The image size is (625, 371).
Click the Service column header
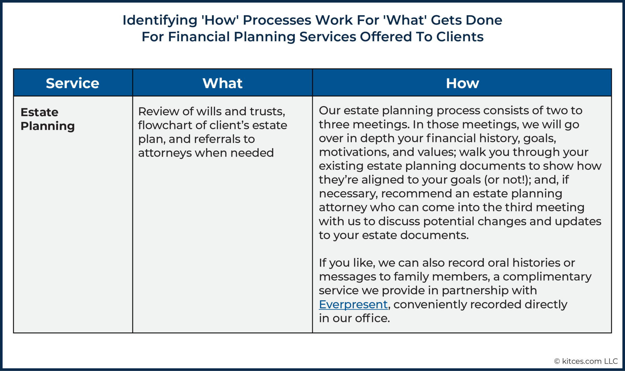click(x=72, y=83)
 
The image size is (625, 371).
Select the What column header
click(x=222, y=83)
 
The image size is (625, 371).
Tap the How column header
click(x=462, y=83)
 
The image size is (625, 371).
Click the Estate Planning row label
click(x=47, y=119)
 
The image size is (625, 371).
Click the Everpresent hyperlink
click(x=353, y=304)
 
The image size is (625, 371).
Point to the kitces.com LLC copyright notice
click(x=586, y=361)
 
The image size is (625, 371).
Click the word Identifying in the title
click(x=160, y=20)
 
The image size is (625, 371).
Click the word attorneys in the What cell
click(x=165, y=153)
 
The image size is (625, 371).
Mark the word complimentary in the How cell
click(x=547, y=277)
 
